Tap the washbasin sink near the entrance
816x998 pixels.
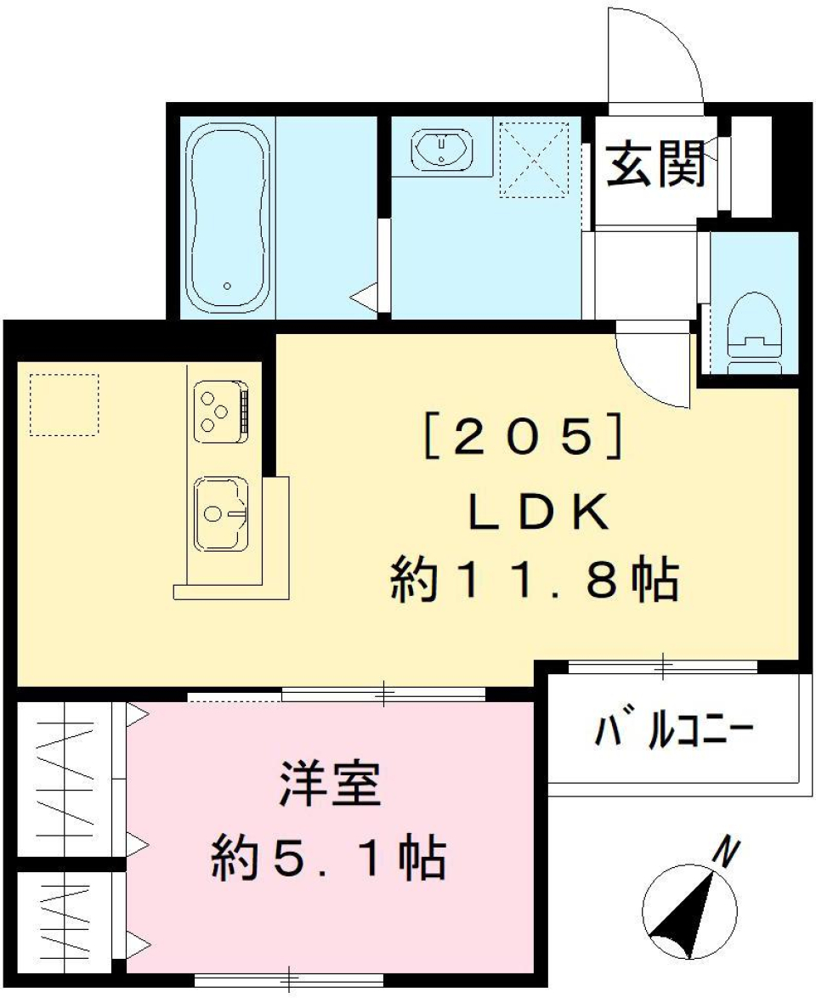440,149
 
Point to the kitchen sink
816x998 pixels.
221,513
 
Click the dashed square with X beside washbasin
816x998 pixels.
534,159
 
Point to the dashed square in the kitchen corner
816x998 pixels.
65,404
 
